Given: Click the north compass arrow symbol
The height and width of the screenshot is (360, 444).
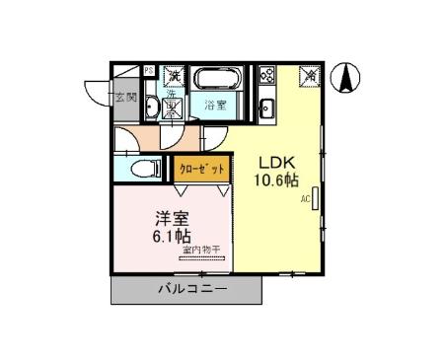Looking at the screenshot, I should (x=346, y=77).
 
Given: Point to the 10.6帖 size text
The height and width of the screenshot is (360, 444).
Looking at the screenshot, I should (x=277, y=180).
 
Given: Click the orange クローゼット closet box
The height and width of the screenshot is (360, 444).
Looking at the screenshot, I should (x=201, y=169).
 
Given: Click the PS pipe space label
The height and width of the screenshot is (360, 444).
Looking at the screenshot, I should (x=148, y=70).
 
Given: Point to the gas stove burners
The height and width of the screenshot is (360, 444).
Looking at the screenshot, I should (x=266, y=76).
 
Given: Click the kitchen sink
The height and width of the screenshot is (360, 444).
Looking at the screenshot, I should (x=266, y=107).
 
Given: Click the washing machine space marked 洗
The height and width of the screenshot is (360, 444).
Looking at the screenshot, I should (x=173, y=76).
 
